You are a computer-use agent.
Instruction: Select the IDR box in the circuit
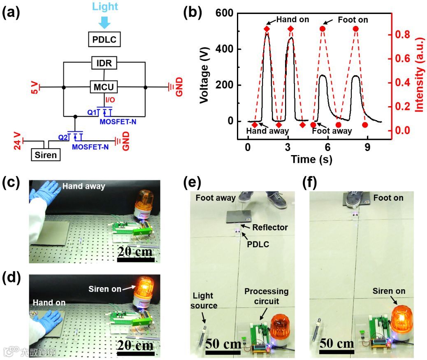(x=104, y=63)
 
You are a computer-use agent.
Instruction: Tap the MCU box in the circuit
(x=104, y=87)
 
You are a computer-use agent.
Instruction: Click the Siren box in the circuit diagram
(x=46, y=155)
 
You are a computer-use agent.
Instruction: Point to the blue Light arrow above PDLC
(x=105, y=21)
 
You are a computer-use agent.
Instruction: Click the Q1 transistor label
(x=93, y=111)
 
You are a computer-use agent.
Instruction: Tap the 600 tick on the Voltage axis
(x=225, y=14)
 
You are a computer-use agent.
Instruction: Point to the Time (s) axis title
(x=311, y=160)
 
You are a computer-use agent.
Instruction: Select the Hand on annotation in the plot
(x=292, y=19)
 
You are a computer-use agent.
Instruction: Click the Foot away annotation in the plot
(x=332, y=131)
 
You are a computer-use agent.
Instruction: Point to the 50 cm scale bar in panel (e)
(x=223, y=351)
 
